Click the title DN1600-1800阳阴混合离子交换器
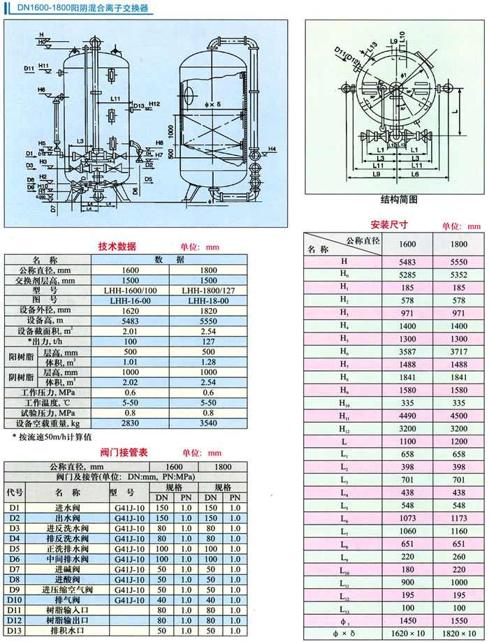[83, 8]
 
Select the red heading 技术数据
[117, 247]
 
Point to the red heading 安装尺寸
[388, 225]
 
